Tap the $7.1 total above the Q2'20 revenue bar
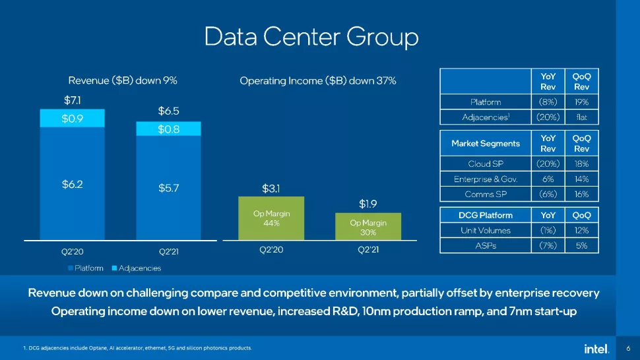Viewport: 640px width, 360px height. coord(73,101)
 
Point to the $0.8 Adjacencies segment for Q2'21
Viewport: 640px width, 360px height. coord(169,129)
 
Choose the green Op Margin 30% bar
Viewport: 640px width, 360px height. coord(368,227)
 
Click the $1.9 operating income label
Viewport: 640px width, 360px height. coord(368,203)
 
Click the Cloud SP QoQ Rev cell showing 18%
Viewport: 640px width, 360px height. coord(581,163)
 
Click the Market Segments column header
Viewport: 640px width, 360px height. coord(486,143)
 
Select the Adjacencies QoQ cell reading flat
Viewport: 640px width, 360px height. coord(581,118)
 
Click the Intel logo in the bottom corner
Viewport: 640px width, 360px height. coord(595,347)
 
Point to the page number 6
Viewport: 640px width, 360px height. coord(627,347)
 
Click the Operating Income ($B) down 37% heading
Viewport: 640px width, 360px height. coord(317,80)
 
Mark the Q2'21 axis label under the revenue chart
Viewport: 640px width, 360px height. coord(169,251)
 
